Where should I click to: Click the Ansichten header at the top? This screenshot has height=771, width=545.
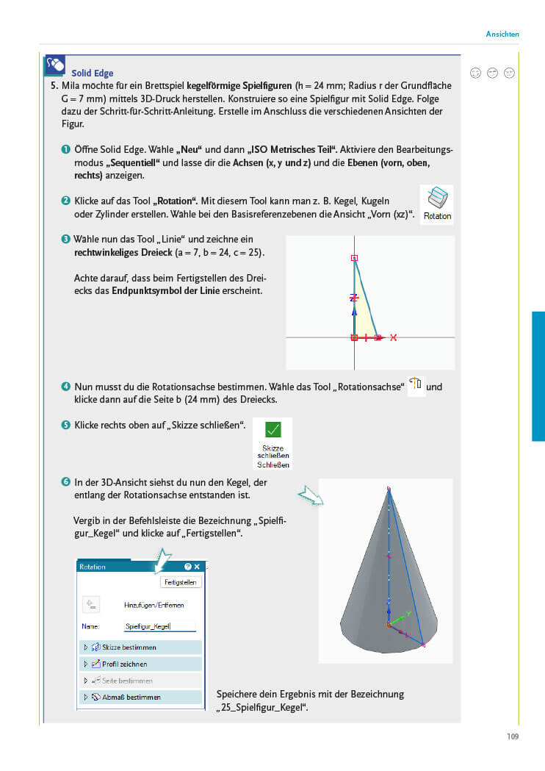click(502, 34)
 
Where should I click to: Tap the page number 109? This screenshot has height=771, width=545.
click(513, 736)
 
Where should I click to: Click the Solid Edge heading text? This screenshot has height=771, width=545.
click(93, 73)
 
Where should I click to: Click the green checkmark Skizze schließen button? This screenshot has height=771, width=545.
click(272, 430)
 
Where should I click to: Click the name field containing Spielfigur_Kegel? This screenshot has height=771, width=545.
click(160, 626)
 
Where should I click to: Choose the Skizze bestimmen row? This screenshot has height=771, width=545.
click(140, 648)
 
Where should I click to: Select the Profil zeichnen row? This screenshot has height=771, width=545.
click(140, 664)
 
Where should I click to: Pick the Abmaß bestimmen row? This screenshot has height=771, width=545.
click(140, 697)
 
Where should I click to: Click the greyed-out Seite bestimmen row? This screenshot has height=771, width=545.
click(140, 681)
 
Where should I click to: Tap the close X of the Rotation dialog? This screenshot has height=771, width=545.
click(197, 567)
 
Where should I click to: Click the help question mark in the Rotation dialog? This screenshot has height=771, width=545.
click(187, 567)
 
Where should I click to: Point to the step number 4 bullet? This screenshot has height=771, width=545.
click(66, 387)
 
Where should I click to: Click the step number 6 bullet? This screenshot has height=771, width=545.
click(66, 482)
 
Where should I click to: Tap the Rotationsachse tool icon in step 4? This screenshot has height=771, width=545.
click(416, 384)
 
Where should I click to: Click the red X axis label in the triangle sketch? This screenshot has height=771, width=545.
click(394, 337)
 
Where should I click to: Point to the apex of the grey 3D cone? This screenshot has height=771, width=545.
click(389, 488)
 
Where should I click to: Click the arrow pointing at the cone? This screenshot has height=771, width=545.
click(310, 497)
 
